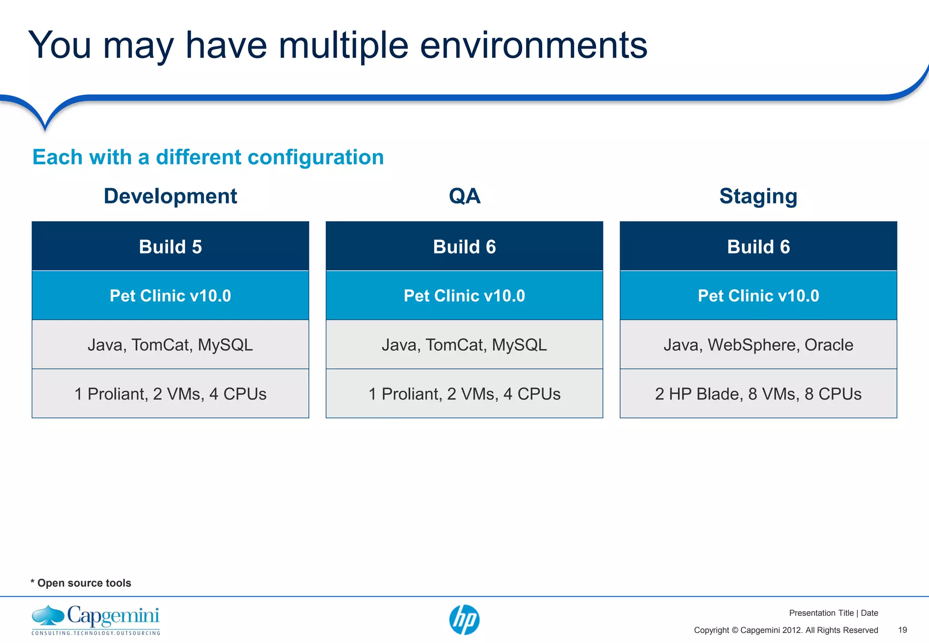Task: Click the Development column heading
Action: (170, 196)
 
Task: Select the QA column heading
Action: (464, 196)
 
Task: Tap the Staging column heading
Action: (758, 196)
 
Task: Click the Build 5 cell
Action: (170, 247)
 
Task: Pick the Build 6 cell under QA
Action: (464, 247)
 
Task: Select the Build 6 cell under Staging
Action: (758, 247)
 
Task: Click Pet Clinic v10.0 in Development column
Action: (170, 296)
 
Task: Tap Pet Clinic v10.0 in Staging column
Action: (758, 296)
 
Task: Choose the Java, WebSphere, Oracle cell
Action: (758, 345)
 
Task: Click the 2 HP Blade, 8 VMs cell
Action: (758, 394)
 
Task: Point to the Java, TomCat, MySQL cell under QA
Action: (464, 345)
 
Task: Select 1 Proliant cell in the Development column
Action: (170, 394)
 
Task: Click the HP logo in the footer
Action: (464, 619)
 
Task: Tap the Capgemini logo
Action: (96, 619)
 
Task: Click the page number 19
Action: (902, 630)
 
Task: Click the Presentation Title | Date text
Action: (833, 613)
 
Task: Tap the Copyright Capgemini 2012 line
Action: (786, 630)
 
